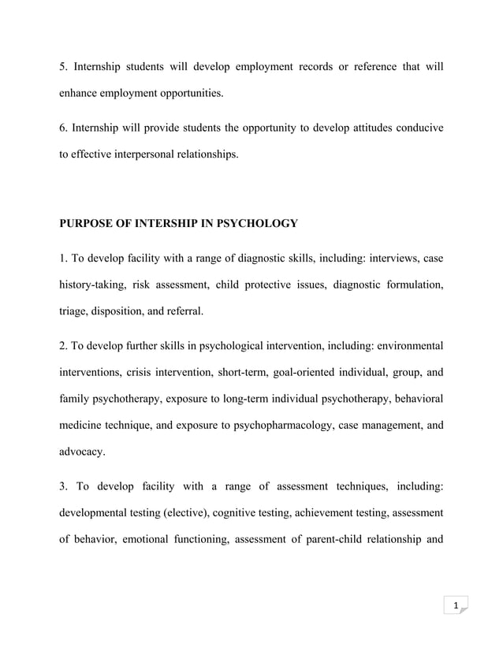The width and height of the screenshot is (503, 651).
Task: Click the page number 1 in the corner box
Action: [455, 605]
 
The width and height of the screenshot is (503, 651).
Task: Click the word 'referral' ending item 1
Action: [185, 311]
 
